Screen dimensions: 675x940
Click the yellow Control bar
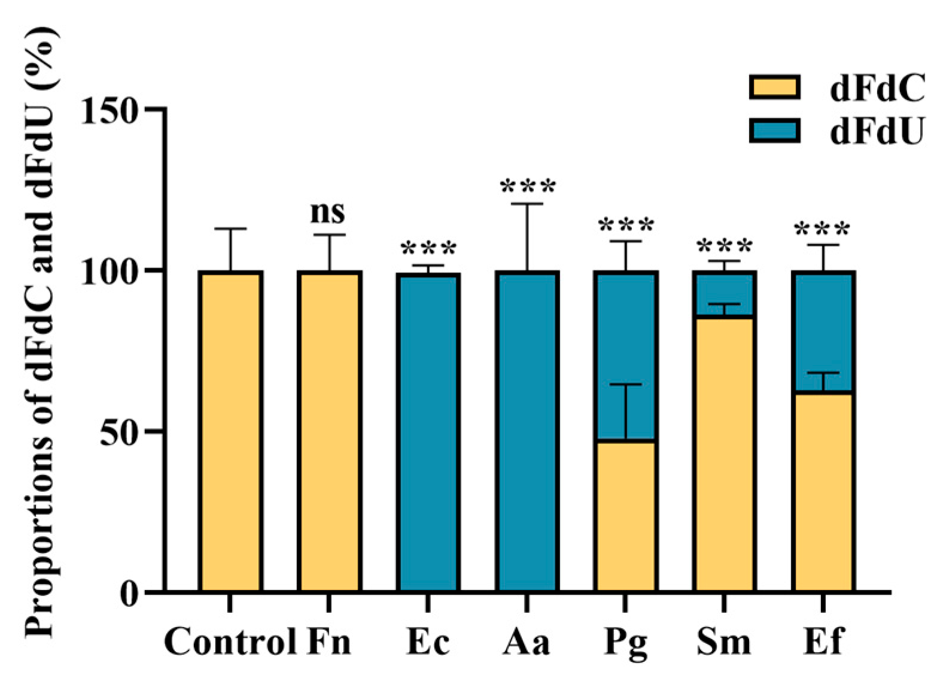pyautogui.click(x=230, y=431)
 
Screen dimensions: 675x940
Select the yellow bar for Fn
pyautogui.click(x=329, y=431)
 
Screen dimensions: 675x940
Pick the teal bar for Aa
pyautogui.click(x=527, y=431)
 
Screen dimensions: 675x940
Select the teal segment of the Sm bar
pyautogui.click(x=725, y=294)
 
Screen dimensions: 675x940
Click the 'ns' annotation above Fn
pyautogui.click(x=328, y=212)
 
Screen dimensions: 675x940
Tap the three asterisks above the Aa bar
pyautogui.click(x=528, y=187)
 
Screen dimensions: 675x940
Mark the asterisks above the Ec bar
pyautogui.click(x=428, y=249)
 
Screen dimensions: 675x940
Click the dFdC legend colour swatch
pyautogui.click(x=774, y=87)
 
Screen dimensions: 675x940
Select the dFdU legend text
pyautogui.click(x=877, y=132)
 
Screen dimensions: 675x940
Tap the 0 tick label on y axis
pyautogui.click(x=129, y=594)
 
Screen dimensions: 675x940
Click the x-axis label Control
pyautogui.click(x=230, y=642)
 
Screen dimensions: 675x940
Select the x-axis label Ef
pyautogui.click(x=823, y=642)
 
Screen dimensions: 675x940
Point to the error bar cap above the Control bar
pyautogui.click(x=230, y=229)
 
